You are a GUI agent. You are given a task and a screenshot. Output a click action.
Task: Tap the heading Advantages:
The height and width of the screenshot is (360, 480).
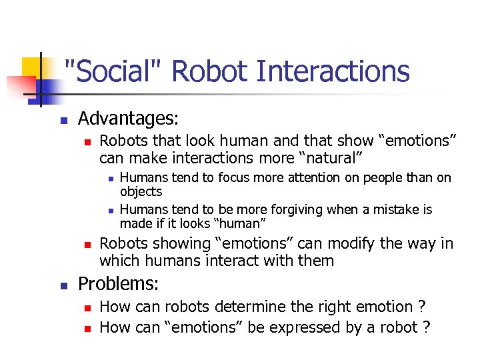pyautogui.click(x=129, y=119)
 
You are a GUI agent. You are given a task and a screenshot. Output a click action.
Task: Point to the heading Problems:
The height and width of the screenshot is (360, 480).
pyautogui.click(x=119, y=284)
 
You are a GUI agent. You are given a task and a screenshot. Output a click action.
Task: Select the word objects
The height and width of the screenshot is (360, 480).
pyautogui.click(x=141, y=191)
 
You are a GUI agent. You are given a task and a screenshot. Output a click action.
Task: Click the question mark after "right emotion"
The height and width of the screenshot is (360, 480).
pyautogui.click(x=422, y=307)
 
